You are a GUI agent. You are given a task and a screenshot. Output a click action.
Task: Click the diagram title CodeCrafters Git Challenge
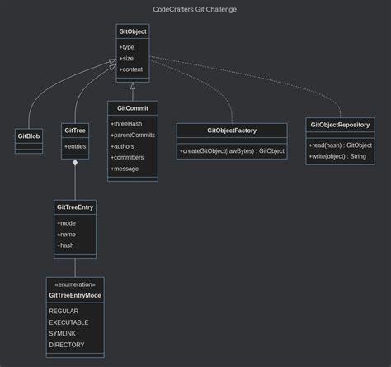(195, 9)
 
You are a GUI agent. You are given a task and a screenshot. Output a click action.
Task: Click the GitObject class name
(132, 31)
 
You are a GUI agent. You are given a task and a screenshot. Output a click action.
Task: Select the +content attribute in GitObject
(131, 69)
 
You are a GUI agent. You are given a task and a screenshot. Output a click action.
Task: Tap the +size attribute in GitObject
(126, 58)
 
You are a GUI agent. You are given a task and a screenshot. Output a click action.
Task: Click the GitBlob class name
(29, 135)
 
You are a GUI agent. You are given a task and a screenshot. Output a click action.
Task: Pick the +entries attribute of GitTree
(75, 146)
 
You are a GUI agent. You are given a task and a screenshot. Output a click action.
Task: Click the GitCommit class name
(132, 108)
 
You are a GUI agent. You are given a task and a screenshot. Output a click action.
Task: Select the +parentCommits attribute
(132, 135)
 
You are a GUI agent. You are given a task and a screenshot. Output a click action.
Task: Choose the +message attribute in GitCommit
(125, 169)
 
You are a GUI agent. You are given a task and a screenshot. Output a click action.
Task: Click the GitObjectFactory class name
(231, 131)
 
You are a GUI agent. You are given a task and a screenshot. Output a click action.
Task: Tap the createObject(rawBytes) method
(232, 150)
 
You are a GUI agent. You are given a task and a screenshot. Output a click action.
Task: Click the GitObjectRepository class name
(340, 125)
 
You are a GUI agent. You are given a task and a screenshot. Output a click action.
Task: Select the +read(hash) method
(340, 145)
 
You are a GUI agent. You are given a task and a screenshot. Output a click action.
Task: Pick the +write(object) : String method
(337, 156)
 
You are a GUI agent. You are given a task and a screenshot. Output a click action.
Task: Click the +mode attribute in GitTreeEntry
(66, 223)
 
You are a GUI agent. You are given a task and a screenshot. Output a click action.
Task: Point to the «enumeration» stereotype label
(75, 284)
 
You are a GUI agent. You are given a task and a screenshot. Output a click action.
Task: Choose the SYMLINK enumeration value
(62, 333)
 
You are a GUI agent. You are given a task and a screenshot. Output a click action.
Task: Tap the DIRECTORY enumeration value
(66, 345)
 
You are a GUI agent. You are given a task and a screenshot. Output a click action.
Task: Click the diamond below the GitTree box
(75, 163)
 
